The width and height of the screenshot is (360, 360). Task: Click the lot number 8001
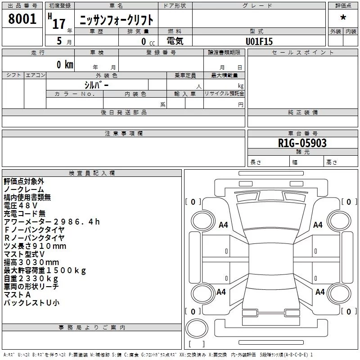pos(22,18)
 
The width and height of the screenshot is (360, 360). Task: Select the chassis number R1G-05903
pos(302,143)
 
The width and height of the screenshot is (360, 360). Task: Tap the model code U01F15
pos(259,41)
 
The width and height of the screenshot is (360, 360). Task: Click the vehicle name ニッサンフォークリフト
pos(117,20)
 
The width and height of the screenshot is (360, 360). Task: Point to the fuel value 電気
pos(175,41)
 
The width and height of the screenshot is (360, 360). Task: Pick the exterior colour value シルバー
pos(96,85)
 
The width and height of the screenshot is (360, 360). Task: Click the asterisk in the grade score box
pos(343,18)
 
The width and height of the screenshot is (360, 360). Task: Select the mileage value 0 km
pos(65,64)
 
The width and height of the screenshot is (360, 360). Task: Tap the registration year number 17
pos(59,24)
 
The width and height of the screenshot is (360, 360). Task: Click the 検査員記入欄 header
pos(92,173)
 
